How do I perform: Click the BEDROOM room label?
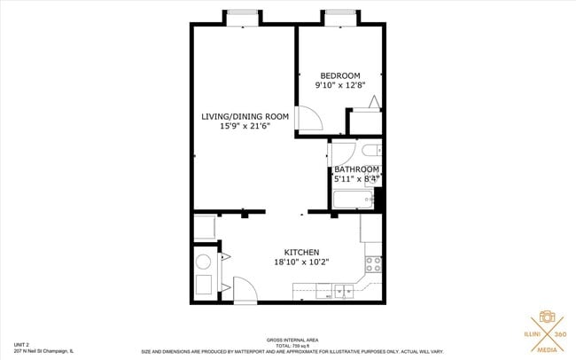(339, 74)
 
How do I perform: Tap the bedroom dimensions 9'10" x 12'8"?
(339, 86)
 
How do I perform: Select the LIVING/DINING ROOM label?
(245, 116)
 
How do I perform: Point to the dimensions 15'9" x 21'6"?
(245, 127)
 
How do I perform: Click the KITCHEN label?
(301, 252)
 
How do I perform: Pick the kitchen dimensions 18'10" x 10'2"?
(301, 262)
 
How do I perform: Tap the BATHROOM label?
(356, 169)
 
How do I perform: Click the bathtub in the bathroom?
(357, 200)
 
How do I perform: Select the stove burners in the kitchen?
(372, 262)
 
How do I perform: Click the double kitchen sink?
(344, 289)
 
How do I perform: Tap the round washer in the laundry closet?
(203, 262)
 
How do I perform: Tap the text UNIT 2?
(22, 343)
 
